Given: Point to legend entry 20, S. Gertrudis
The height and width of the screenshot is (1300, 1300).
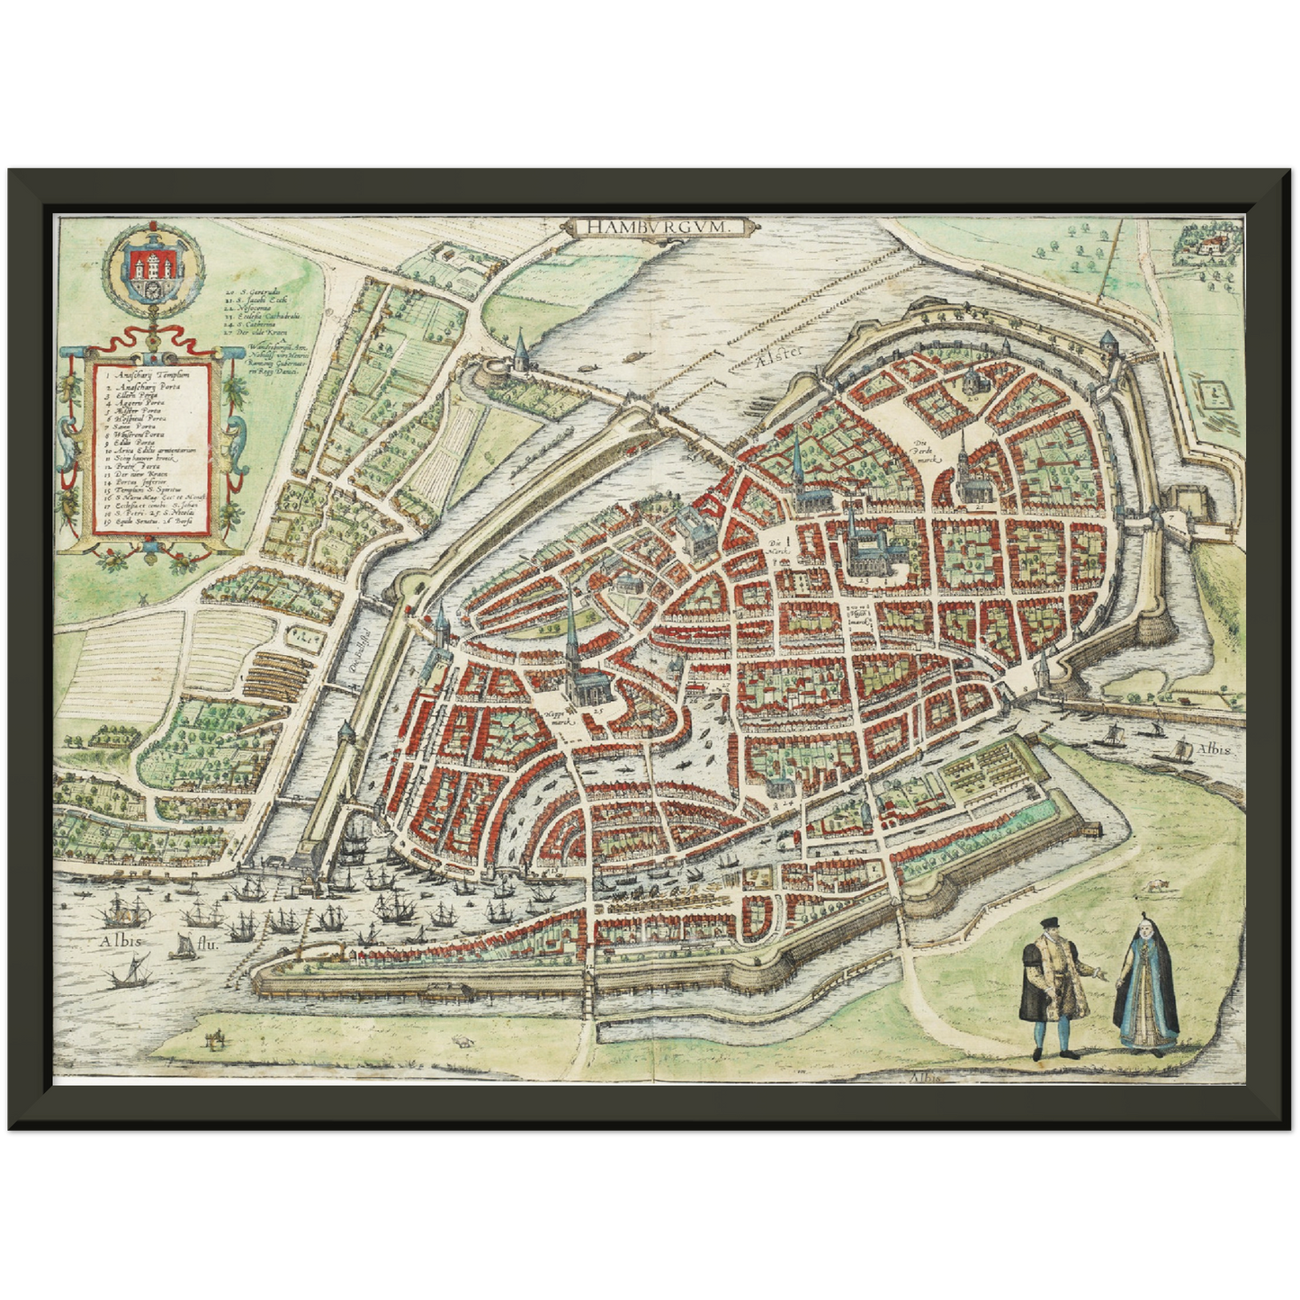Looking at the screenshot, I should pyautogui.click(x=253, y=293).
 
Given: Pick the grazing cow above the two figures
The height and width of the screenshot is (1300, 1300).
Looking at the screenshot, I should pyautogui.click(x=1154, y=886).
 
